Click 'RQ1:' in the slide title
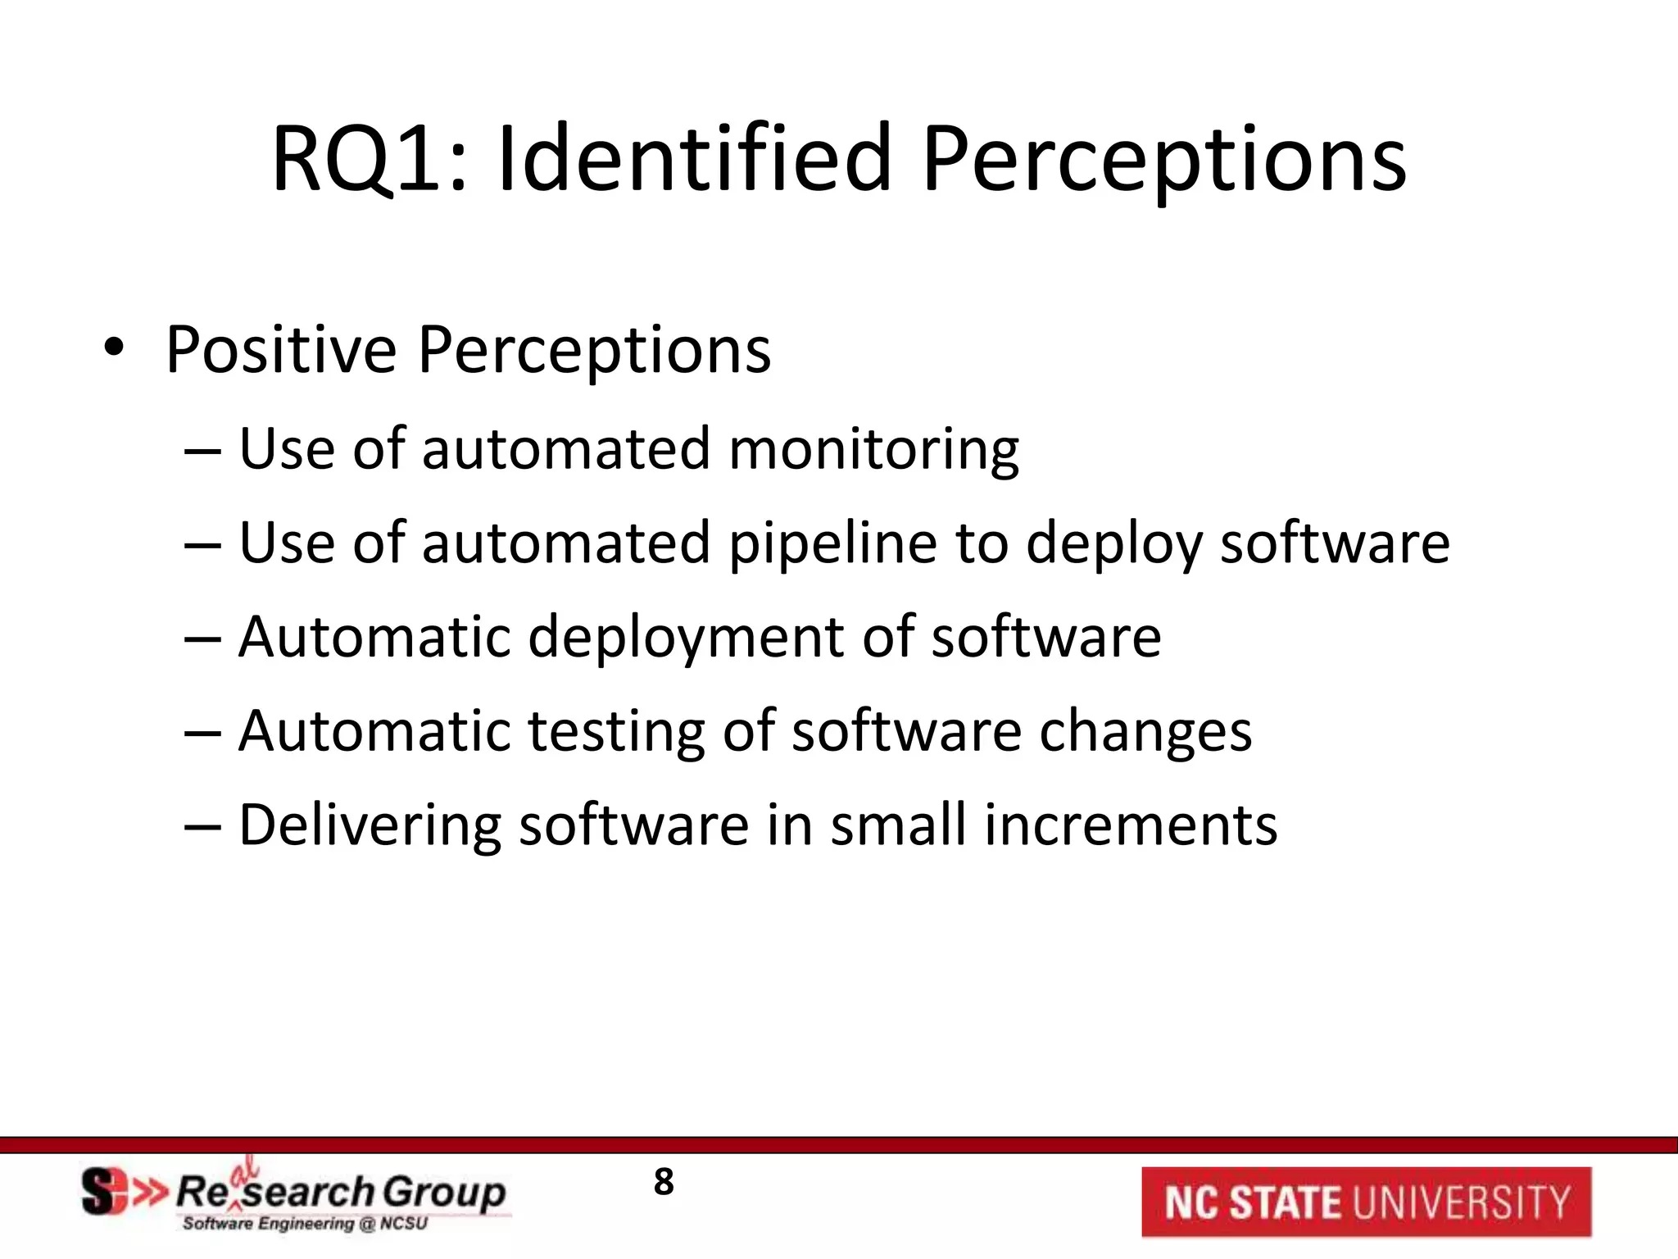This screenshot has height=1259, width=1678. click(x=369, y=159)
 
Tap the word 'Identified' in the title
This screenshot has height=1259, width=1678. click(x=693, y=159)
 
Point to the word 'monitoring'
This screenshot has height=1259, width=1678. click(x=873, y=451)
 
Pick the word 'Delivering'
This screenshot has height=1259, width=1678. click(x=370, y=826)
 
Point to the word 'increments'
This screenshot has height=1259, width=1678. click(x=1131, y=825)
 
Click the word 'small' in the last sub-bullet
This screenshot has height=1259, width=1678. click(x=898, y=825)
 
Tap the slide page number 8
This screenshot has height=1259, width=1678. click(x=664, y=1182)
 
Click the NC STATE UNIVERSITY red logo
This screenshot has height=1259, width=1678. click(x=1366, y=1202)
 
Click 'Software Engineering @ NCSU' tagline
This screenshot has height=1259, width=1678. click(x=305, y=1224)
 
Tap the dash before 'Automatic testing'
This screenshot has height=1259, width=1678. click(x=202, y=733)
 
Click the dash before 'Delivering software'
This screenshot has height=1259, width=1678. click(x=202, y=826)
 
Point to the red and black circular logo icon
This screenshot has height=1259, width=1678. click(x=107, y=1193)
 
